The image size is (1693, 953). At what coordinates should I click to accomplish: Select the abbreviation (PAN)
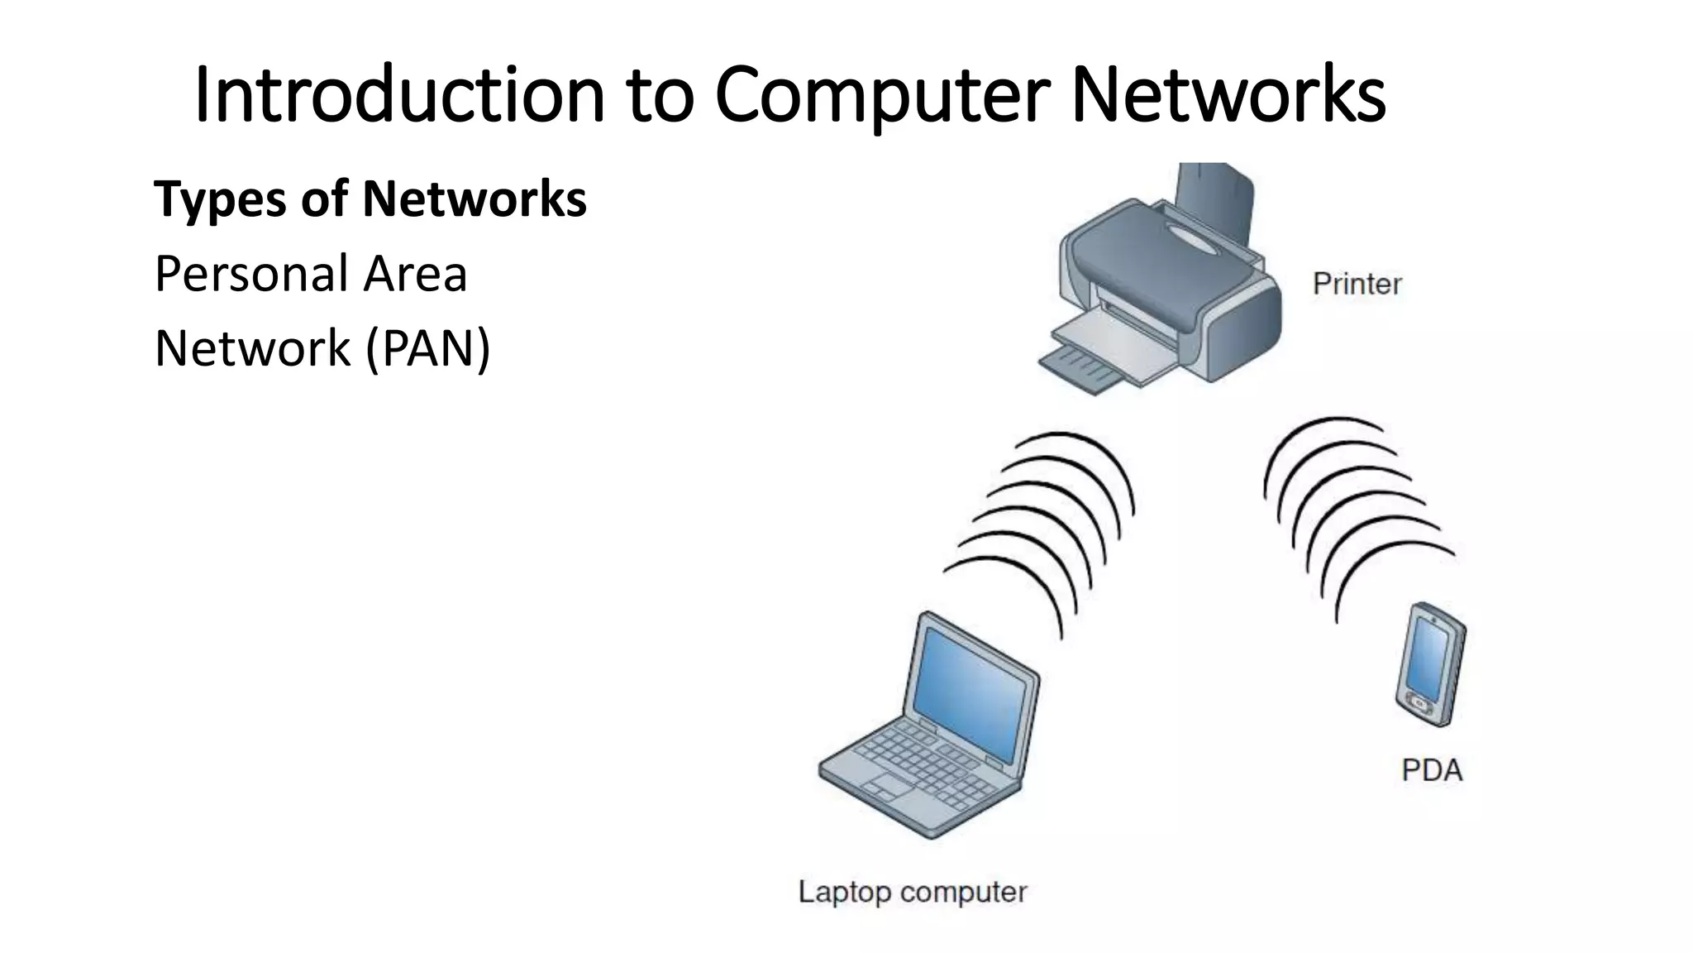point(428,348)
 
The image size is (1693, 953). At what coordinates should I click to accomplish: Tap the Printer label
point(1357,285)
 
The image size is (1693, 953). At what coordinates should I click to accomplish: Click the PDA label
point(1432,770)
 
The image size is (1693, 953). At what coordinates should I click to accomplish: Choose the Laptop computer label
point(912,892)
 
